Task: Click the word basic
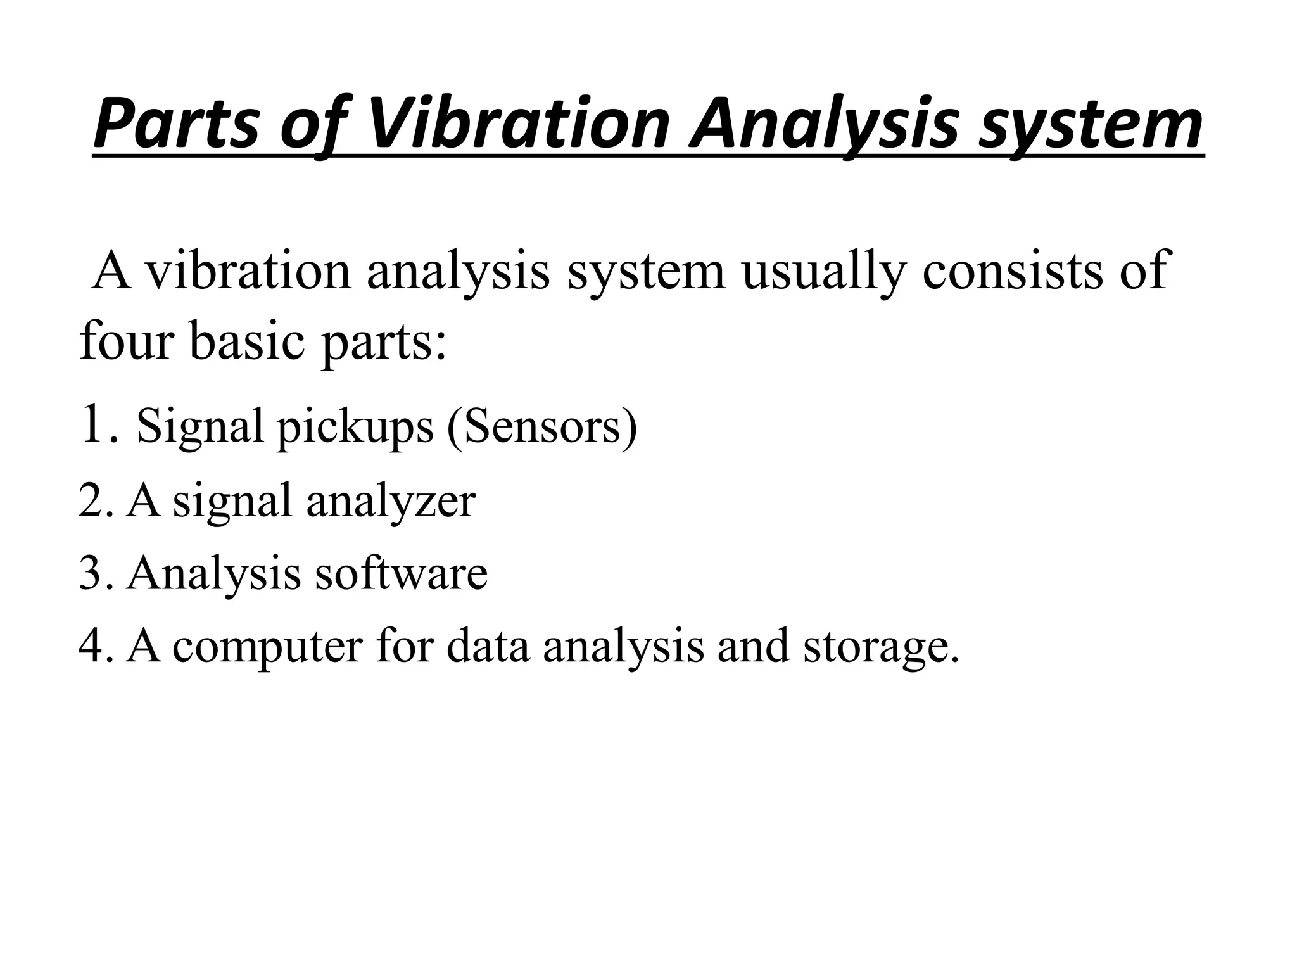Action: pyautogui.click(x=249, y=340)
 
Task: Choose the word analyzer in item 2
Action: pyautogui.click(x=391, y=501)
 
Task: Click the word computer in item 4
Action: pyautogui.click(x=267, y=647)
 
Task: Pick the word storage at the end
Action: pyautogui.click(x=880, y=647)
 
